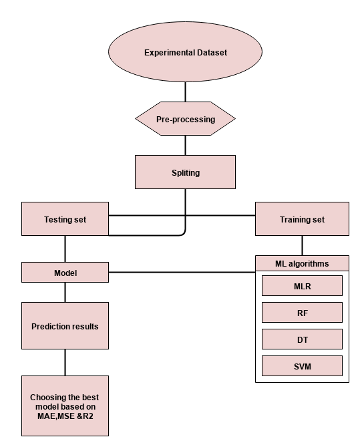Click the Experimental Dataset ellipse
185,51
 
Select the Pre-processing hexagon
185,118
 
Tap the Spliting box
185,172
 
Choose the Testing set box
65,219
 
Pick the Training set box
302,219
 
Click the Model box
65,272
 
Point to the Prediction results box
65,325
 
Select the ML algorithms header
302,263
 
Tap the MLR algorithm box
302,286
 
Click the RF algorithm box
302,313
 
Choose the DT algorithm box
302,339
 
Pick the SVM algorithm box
302,365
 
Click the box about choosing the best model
65,406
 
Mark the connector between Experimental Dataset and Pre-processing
186,92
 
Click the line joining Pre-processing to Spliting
186,145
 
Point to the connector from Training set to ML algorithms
302,245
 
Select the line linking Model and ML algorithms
182,272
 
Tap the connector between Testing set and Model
65,249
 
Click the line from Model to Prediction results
65,292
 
